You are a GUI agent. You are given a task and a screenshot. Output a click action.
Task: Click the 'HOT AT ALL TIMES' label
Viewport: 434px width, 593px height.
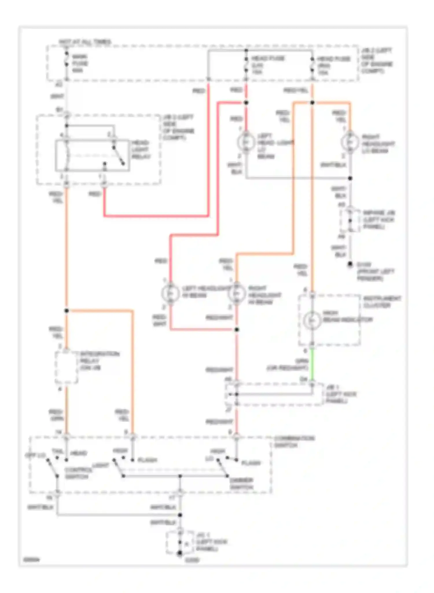pos(85,42)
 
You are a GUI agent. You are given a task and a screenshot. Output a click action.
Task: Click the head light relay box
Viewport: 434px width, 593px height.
pos(92,156)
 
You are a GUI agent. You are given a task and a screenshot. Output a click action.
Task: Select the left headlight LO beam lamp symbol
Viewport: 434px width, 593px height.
pos(246,142)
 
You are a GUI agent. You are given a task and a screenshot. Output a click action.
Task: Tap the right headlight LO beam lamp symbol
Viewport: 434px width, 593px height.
pos(350,142)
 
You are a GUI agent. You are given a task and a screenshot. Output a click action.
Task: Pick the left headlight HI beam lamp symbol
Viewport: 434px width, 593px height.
pos(170,293)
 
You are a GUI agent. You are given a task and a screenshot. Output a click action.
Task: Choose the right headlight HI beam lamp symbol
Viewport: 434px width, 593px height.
pos(237,293)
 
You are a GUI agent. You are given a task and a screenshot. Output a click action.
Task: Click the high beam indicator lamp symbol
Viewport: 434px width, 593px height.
pos(312,320)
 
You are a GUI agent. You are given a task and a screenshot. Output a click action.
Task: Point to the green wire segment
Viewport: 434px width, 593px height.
pos(312,365)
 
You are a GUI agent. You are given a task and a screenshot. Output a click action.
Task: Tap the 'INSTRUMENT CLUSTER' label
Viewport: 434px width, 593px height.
pos(382,302)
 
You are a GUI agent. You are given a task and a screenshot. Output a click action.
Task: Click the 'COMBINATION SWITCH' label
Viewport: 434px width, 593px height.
pos(294,442)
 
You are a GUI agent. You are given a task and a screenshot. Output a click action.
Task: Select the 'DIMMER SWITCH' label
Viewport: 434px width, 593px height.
pos(241,484)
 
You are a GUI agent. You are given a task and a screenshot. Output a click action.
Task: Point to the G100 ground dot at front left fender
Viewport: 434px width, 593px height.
pos(350,264)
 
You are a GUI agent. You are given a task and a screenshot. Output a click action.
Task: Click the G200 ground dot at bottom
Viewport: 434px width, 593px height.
pos(180,553)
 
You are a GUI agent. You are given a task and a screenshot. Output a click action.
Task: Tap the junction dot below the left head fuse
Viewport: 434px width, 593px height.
pos(246,103)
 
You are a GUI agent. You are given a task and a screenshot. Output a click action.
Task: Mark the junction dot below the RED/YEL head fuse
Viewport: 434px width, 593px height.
pos(312,103)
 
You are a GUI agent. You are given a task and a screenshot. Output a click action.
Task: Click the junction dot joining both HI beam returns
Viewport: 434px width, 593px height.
pos(237,330)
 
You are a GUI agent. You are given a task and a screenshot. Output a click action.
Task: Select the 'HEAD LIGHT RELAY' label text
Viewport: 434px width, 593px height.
pos(141,149)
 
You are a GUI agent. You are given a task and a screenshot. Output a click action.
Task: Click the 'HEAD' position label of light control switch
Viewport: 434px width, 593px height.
pos(79,453)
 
